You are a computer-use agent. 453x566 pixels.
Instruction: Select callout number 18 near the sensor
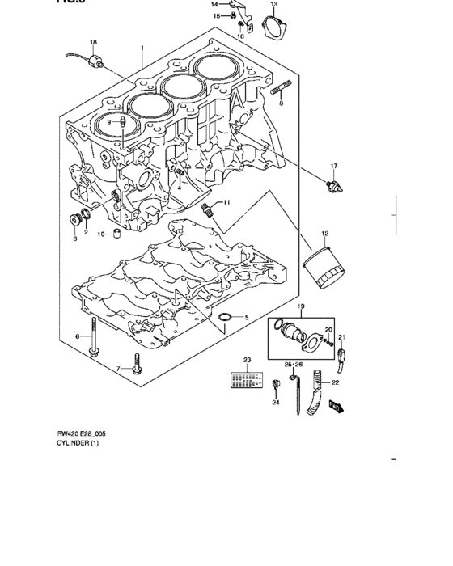click(x=93, y=42)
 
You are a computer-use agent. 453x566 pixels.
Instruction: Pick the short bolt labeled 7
click(x=135, y=369)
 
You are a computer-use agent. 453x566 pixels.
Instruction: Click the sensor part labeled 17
click(x=331, y=185)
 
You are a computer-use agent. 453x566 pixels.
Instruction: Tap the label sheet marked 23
click(x=247, y=378)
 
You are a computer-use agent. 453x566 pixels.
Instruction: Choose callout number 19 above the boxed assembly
click(x=300, y=307)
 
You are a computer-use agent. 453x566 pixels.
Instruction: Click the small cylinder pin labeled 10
click(x=116, y=234)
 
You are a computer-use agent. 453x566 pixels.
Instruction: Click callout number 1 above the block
click(x=142, y=48)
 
